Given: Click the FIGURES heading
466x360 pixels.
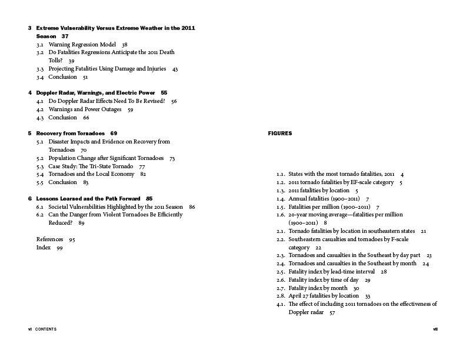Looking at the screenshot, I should (279, 134).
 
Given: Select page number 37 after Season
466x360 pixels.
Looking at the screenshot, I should (65, 36).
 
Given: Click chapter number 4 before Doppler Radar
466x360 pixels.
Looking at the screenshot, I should (29, 93).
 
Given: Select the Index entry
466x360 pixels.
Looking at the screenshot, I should (43, 248).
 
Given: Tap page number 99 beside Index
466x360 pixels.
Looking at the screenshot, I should (59, 248).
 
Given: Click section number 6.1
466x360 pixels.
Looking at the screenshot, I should (40, 207).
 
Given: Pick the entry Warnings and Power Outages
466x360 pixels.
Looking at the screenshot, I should (85, 109).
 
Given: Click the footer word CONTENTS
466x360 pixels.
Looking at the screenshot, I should (45, 329).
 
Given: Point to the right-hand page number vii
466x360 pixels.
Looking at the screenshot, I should (434, 329).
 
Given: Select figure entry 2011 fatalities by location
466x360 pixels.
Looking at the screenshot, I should (319, 191).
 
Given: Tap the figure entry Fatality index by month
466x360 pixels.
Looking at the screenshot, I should (318, 288).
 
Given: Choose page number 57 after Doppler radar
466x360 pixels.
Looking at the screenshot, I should (332, 312).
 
